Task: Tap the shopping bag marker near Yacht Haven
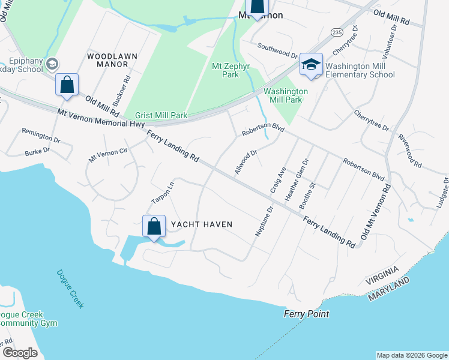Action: point(154,227)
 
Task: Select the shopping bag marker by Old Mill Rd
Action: point(67,85)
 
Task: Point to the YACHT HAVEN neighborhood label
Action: point(201,224)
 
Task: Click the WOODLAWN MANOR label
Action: point(112,59)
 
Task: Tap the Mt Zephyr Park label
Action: point(226,70)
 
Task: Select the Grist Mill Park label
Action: point(161,115)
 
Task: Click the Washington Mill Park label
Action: point(286,95)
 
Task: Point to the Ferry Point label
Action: point(307,314)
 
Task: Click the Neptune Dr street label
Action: point(264,221)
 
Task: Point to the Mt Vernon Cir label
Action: point(108,155)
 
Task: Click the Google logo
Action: point(20,353)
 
